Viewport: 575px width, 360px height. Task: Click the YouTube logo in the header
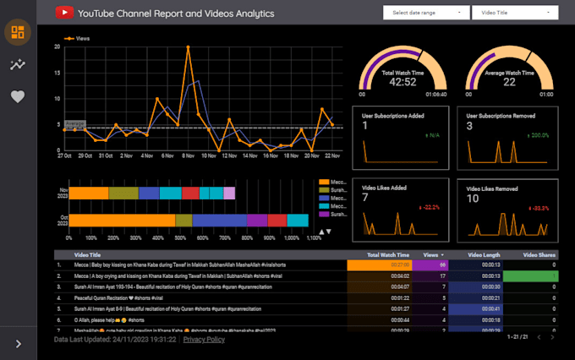click(x=64, y=13)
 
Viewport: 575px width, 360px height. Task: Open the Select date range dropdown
click(x=426, y=13)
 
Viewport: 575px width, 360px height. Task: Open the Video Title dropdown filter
click(x=515, y=13)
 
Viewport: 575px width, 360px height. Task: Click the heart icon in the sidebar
click(x=18, y=96)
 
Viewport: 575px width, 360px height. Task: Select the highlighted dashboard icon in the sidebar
click(x=18, y=33)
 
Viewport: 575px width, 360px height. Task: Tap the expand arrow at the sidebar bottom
click(x=18, y=343)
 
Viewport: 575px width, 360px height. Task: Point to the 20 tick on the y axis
click(x=57, y=46)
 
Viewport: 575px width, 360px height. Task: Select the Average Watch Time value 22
click(x=509, y=82)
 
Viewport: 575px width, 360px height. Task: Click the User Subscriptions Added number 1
click(x=365, y=126)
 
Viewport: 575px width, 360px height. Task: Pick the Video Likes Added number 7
click(x=365, y=198)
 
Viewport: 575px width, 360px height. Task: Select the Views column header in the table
click(x=432, y=254)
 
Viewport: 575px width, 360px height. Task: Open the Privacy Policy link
click(x=204, y=339)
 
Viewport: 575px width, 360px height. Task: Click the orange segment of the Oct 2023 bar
click(x=122, y=221)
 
